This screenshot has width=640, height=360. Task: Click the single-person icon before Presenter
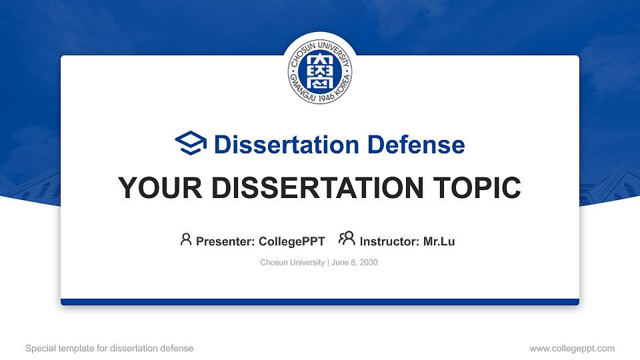[x=186, y=239]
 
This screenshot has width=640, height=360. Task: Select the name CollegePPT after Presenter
[x=291, y=241]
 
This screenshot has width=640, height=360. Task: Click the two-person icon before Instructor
[x=347, y=239]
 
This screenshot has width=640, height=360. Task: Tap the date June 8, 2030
[x=355, y=263]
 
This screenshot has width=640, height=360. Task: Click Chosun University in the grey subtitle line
[x=292, y=263]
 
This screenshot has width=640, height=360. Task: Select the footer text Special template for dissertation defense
[x=109, y=348]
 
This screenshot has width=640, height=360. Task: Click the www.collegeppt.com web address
[x=572, y=348]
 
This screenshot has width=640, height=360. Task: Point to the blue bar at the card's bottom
[x=320, y=302]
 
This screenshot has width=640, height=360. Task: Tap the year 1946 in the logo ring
[x=320, y=98]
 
